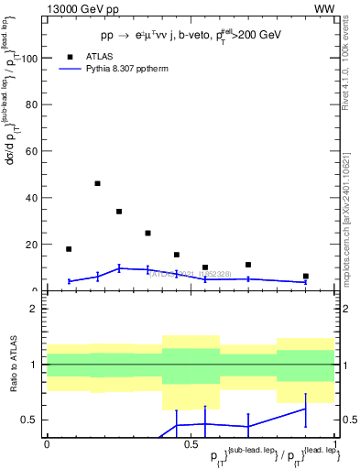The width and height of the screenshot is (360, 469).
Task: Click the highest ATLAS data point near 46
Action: [97, 183]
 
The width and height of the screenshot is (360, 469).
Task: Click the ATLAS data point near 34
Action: [119, 212]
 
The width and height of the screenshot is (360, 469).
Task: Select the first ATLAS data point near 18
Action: [69, 249]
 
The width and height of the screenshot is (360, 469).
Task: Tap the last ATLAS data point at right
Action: [306, 276]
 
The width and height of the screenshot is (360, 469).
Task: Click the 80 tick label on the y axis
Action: [31, 104]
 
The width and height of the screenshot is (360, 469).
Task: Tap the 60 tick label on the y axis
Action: [31, 151]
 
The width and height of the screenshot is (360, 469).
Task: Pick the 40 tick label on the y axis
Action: [31, 198]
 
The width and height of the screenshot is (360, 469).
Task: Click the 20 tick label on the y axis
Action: [31, 245]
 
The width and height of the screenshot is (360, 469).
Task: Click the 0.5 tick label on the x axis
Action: [190, 443]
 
